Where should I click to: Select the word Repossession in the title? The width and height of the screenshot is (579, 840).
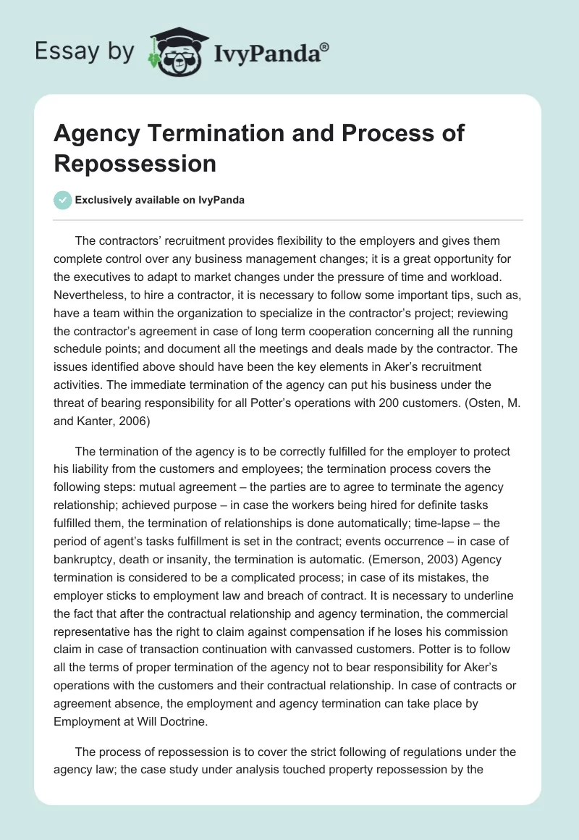point(135,163)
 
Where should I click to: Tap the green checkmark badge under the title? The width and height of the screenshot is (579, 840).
point(63,200)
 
